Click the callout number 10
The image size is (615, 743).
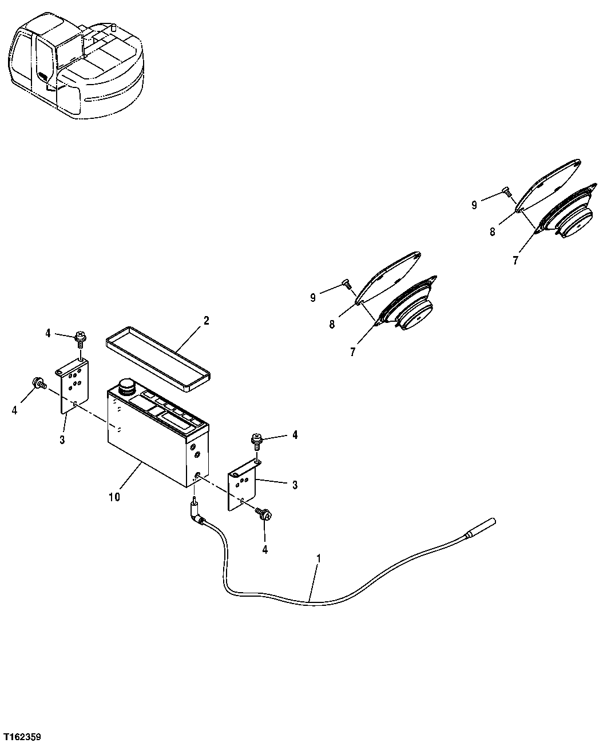point(114,497)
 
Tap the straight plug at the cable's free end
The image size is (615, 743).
point(481,528)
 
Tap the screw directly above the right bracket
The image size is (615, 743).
point(257,441)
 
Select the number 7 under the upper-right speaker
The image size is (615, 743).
point(515,260)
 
